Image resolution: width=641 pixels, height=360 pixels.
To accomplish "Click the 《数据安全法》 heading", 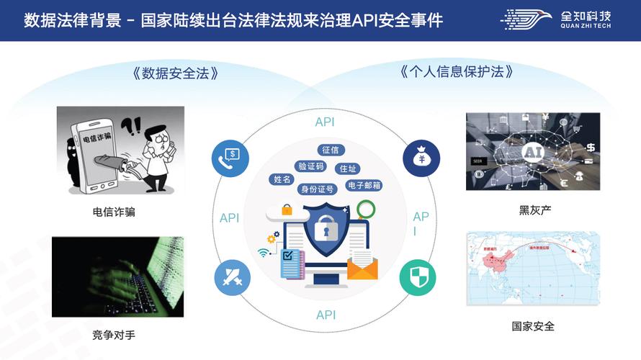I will click(x=176, y=73).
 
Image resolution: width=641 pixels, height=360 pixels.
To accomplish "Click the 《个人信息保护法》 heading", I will click(x=457, y=72).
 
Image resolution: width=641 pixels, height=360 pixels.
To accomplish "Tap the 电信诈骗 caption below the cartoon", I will click(x=114, y=212).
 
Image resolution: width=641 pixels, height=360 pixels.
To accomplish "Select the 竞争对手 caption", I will click(x=114, y=335).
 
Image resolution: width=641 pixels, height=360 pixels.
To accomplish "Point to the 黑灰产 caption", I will click(x=533, y=210).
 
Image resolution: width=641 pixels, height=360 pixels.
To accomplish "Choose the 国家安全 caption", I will click(x=533, y=326).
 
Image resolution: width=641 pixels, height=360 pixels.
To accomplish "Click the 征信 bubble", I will click(x=331, y=150).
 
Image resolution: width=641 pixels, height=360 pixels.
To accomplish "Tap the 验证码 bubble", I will click(x=311, y=166).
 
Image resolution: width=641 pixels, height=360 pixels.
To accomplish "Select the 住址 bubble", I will click(x=349, y=168).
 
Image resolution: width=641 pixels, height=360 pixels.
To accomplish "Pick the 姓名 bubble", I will click(x=282, y=179).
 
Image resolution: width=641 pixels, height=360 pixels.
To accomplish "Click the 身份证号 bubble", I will click(x=317, y=189).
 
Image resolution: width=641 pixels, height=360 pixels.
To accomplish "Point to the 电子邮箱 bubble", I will click(x=364, y=186).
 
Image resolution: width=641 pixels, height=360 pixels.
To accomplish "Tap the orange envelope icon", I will click(x=362, y=269).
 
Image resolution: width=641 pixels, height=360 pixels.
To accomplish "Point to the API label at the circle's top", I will click(x=325, y=122).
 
